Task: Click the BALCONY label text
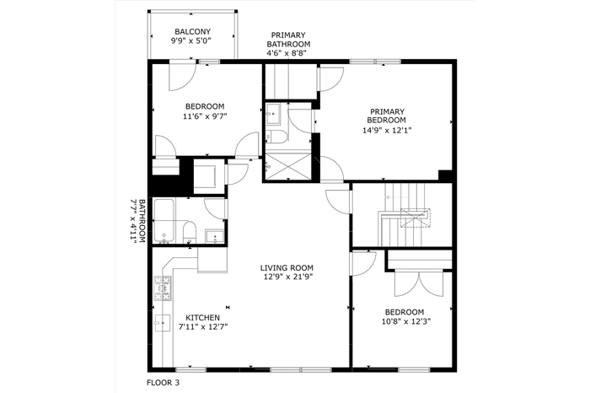tap(192, 31)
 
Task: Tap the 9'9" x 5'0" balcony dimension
tap(190, 40)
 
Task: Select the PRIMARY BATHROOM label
tap(288, 40)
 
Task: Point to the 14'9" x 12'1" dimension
tap(387, 130)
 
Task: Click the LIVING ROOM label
tap(287, 268)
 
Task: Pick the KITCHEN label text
tap(203, 318)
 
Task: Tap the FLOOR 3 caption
tap(163, 383)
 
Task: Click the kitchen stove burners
tap(162, 288)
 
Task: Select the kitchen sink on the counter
tap(162, 323)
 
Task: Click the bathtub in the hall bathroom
tap(164, 221)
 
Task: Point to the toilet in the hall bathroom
tap(190, 232)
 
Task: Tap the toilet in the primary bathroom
tap(276, 137)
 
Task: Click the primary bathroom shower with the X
tap(288, 166)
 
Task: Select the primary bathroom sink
tap(272, 113)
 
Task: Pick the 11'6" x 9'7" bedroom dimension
tap(205, 116)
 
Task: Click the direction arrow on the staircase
tap(396, 197)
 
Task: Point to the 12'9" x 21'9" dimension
tap(288, 277)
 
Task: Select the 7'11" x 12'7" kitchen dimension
tap(203, 326)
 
